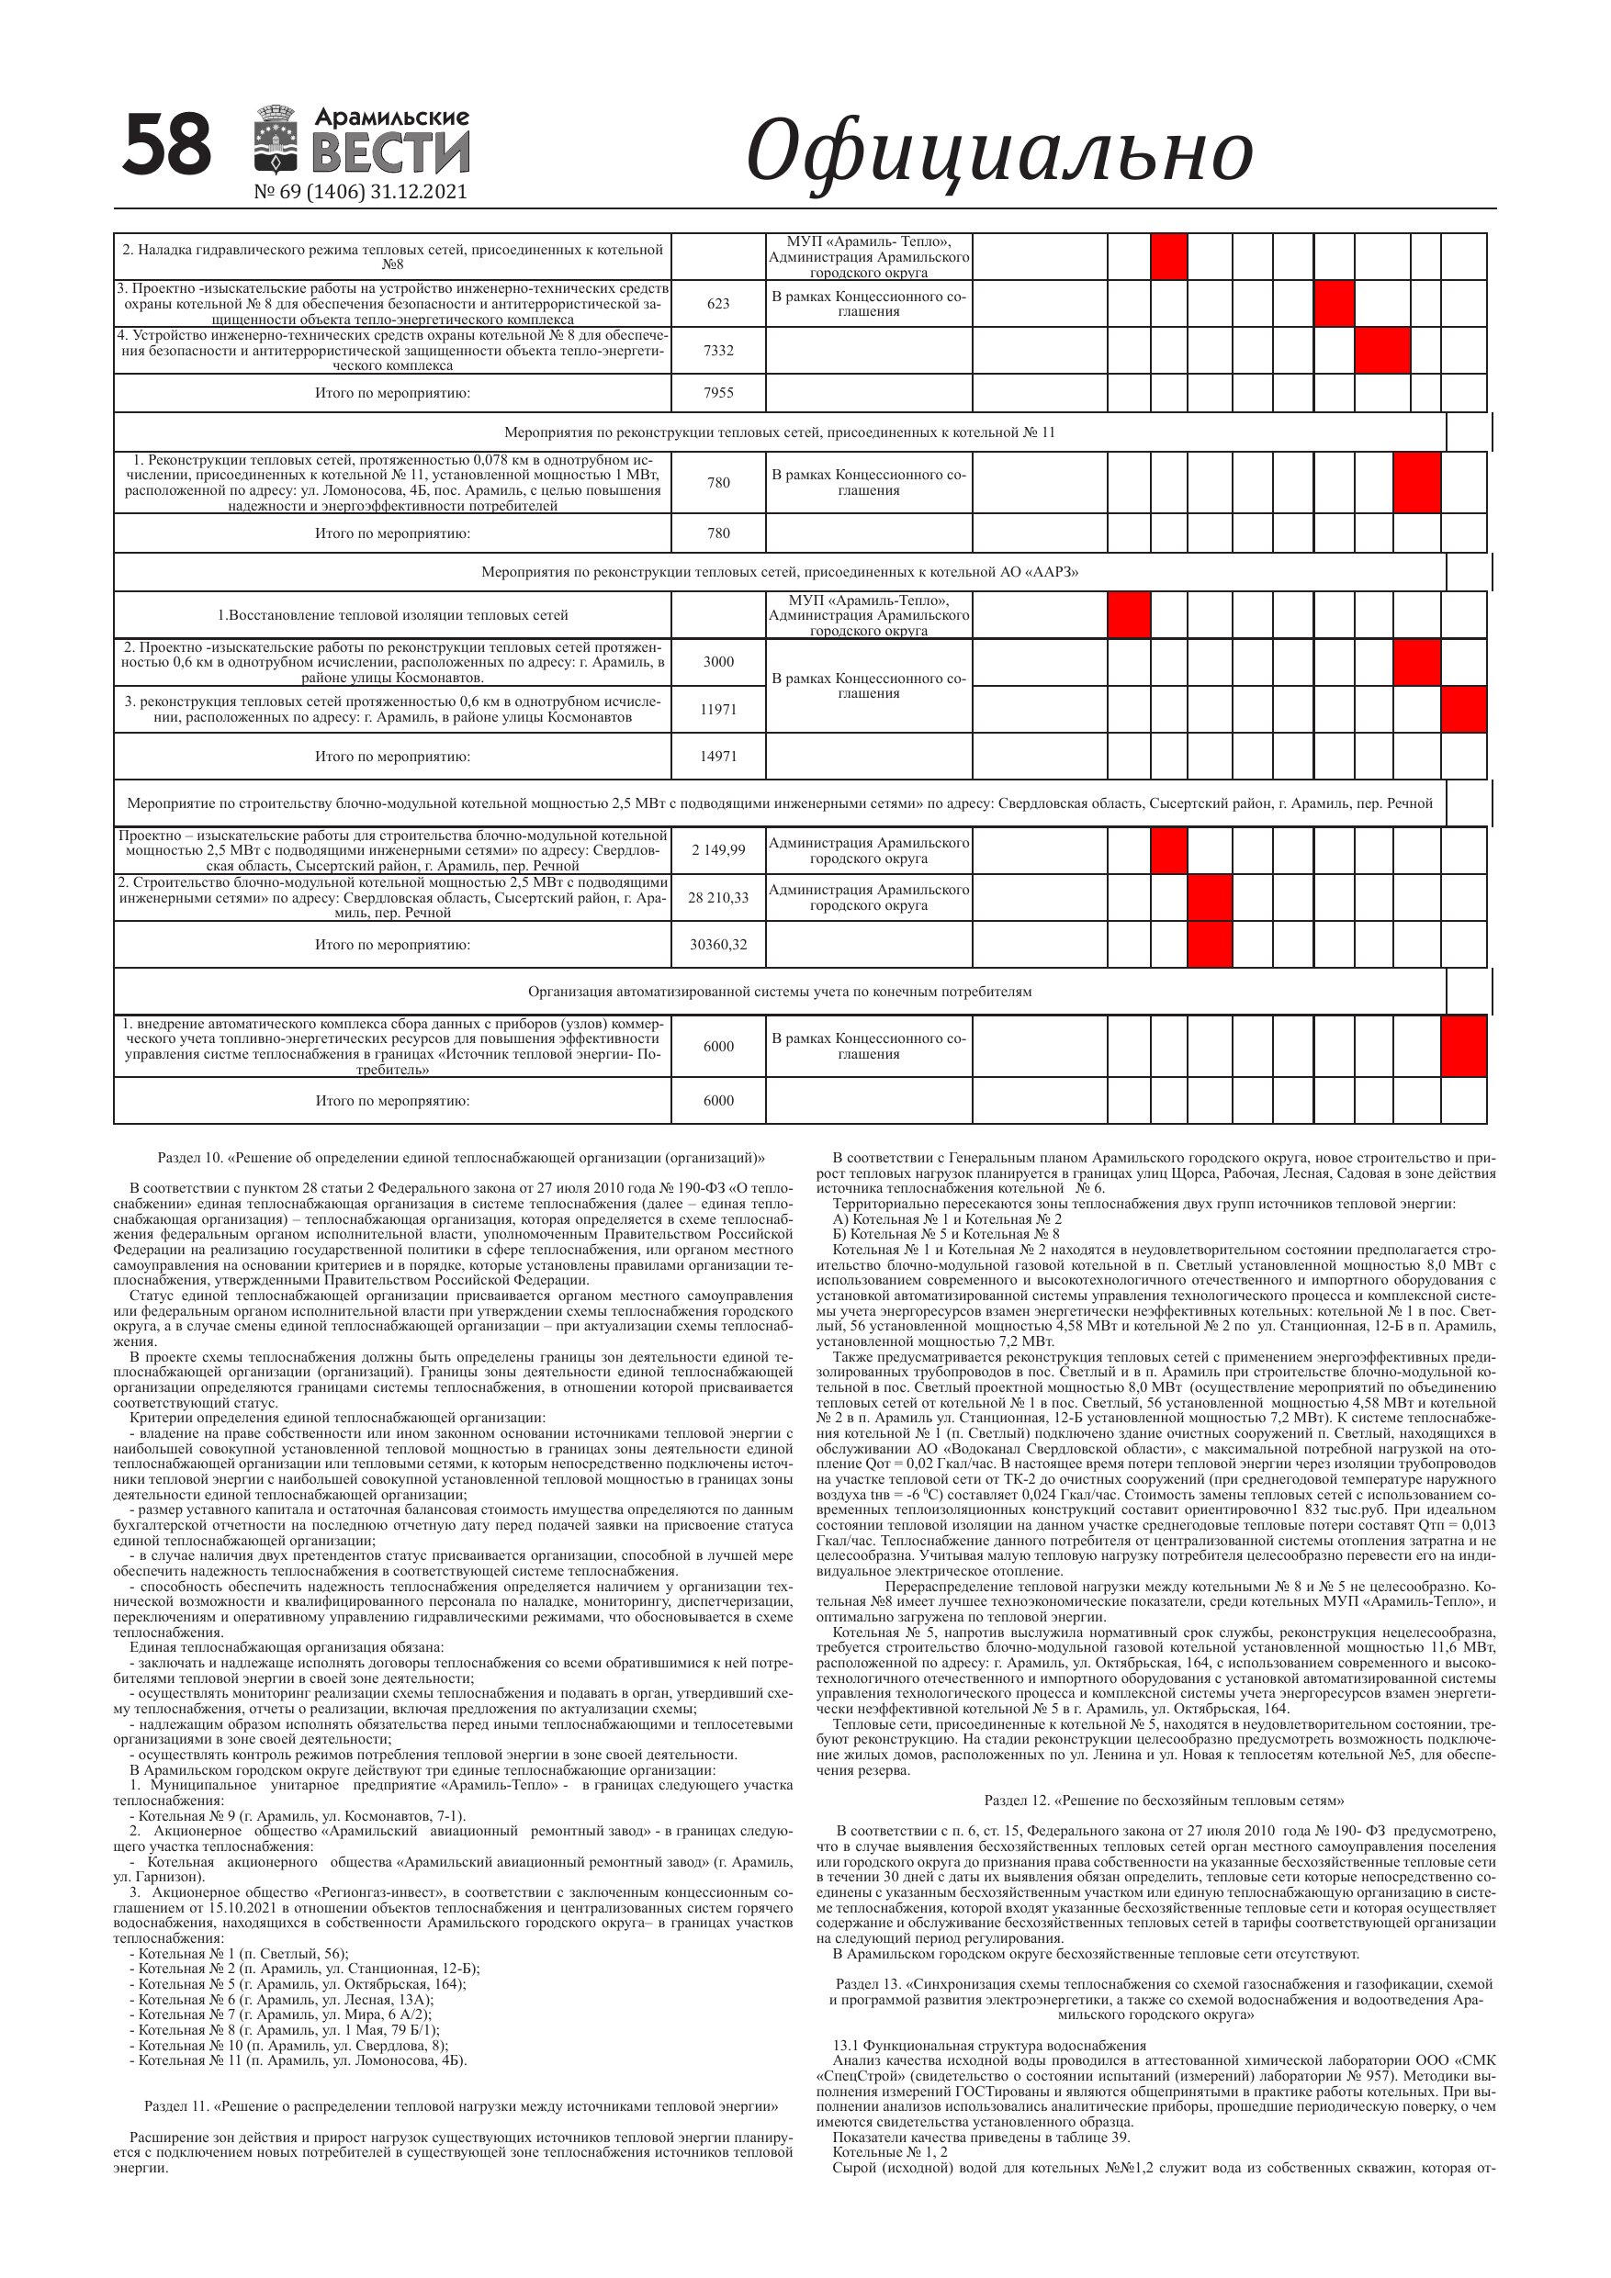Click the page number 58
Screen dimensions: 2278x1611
pyautogui.click(x=167, y=145)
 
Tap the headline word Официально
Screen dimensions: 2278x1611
pyautogui.click(x=998, y=151)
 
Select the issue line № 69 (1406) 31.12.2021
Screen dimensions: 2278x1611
pyautogui.click(x=360, y=192)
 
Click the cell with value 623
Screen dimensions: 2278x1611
pyautogui.click(x=717, y=304)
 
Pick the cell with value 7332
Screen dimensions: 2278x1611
pyautogui.click(x=717, y=350)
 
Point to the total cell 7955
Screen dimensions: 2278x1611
pyautogui.click(x=717, y=393)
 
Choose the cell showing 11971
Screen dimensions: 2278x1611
pyautogui.click(x=717, y=709)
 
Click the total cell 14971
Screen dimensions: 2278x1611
pyautogui.click(x=717, y=756)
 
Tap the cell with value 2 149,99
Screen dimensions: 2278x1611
pyautogui.click(x=717, y=850)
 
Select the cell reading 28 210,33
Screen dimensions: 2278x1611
pyautogui.click(x=717, y=898)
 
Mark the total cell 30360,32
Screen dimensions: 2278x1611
pyautogui.click(x=717, y=945)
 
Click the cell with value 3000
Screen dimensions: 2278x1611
pyautogui.click(x=717, y=662)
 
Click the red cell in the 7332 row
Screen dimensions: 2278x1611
pyautogui.click(x=1381, y=350)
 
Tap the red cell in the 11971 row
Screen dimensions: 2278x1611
pyautogui.click(x=1463, y=709)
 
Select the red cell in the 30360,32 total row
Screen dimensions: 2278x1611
pyautogui.click(x=1209, y=945)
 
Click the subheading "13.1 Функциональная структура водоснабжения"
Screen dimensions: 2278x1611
pyautogui.click(x=988, y=2046)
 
